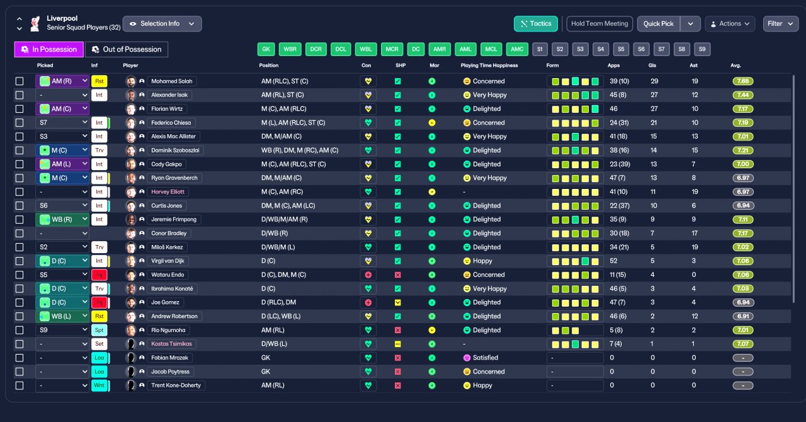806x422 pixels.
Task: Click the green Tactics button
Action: (x=536, y=24)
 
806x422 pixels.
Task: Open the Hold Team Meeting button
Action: (x=599, y=24)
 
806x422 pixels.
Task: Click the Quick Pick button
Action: (x=659, y=24)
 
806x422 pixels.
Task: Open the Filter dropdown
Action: (x=780, y=24)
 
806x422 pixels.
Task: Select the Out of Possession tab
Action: (x=127, y=49)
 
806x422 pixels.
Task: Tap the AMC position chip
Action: (x=517, y=49)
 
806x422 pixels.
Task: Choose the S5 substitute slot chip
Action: (x=621, y=49)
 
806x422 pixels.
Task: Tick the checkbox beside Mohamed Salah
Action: (x=20, y=81)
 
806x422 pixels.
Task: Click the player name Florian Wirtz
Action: (x=167, y=109)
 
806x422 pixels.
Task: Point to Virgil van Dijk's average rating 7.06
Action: (x=743, y=261)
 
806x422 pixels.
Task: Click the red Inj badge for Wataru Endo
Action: (x=99, y=275)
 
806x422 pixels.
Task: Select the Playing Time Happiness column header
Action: (x=489, y=66)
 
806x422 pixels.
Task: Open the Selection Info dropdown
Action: (x=162, y=24)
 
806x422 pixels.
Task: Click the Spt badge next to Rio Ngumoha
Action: (x=99, y=330)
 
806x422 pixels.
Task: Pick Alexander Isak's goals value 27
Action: (x=654, y=95)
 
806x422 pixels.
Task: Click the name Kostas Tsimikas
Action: (x=172, y=344)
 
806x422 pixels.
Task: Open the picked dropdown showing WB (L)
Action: (x=62, y=316)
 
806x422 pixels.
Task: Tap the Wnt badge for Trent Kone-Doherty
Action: (x=99, y=385)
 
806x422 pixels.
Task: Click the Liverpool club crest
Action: (x=35, y=24)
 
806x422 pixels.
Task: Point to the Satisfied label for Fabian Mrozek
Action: (x=485, y=358)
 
